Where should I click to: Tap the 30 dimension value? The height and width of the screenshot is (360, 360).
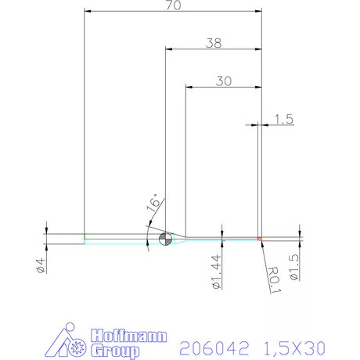223,80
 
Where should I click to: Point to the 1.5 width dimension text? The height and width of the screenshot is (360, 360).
284,119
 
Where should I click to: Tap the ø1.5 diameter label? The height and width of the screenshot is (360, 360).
294,267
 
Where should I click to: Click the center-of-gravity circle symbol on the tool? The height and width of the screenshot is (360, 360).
165,239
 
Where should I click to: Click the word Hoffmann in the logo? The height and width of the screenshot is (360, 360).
128,336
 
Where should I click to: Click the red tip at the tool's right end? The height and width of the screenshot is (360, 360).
258,238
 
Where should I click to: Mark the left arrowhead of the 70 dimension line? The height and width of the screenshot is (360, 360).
88,12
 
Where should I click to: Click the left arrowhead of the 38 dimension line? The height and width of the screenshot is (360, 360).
169,49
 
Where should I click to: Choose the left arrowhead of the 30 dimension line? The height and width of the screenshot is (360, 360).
189,85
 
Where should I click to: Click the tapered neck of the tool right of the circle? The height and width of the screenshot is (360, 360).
178,238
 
